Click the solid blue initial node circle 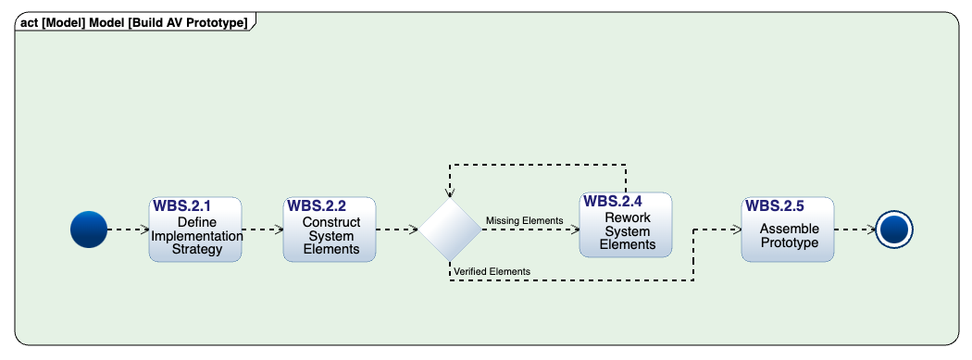click(89, 230)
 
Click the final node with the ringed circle click(893, 230)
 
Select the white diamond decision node click(450, 230)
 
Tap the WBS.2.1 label click(182, 205)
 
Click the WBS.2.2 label click(317, 205)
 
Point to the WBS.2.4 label click(613, 201)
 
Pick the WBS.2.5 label click(775, 205)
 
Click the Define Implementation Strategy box click(195, 237)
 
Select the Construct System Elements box click(330, 237)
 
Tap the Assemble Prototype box click(788, 237)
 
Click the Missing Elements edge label click(524, 220)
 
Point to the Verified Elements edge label click(492, 271)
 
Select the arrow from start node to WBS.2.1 click(128, 230)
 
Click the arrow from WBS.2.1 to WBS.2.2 click(262, 230)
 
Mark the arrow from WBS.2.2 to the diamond click(397, 230)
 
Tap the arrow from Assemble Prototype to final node click(854, 230)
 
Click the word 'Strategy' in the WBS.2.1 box click(195, 249)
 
